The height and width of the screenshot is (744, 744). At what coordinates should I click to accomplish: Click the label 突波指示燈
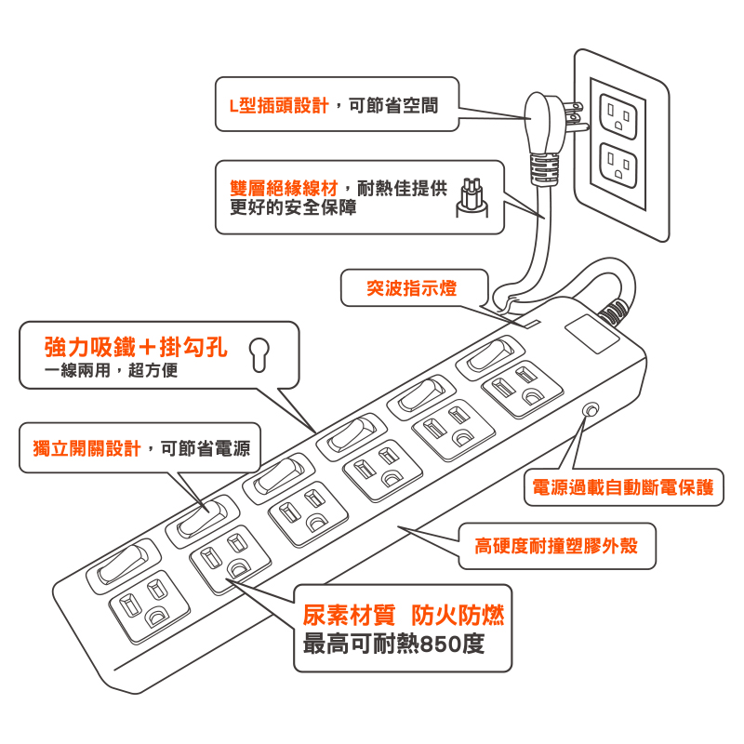[x=412, y=288]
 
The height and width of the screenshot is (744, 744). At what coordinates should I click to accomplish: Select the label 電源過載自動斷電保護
[x=622, y=487]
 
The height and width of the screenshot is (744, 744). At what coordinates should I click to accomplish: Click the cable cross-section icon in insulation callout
[x=474, y=199]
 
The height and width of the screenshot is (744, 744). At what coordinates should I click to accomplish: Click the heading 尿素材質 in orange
[x=349, y=615]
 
